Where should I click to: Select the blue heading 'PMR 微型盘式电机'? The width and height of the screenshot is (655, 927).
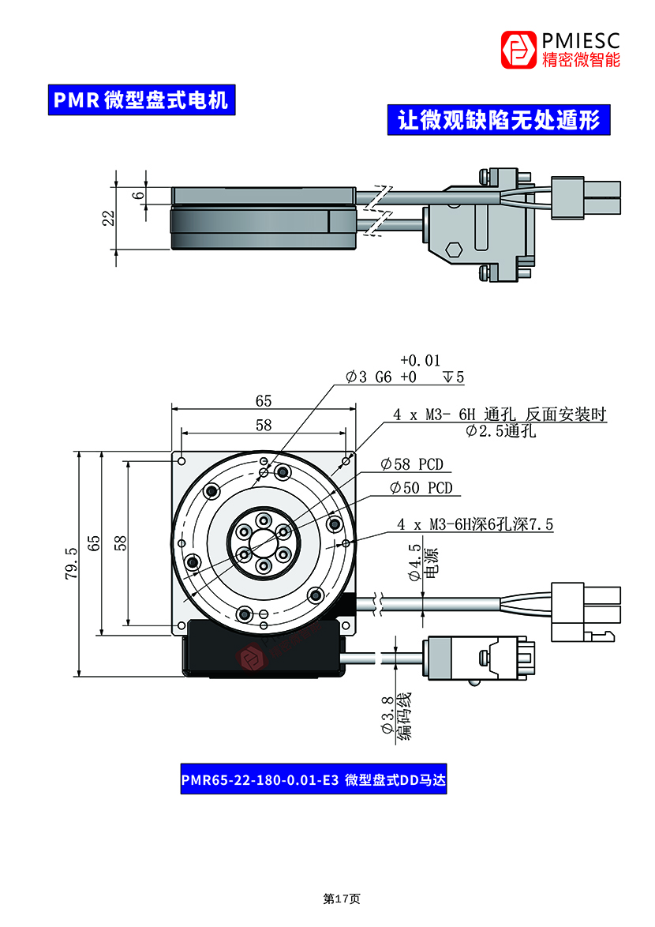pyautogui.click(x=140, y=100)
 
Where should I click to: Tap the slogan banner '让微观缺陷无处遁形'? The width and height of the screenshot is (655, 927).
pyautogui.click(x=499, y=120)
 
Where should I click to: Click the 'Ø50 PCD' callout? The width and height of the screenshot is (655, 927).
pyautogui.click(x=421, y=488)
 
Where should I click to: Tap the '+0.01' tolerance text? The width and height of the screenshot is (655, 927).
pyautogui.click(x=420, y=360)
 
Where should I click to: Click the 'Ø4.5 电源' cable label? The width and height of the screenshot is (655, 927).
pyautogui.click(x=423, y=563)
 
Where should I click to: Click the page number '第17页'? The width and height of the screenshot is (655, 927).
pyautogui.click(x=341, y=899)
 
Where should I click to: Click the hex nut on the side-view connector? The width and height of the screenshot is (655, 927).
pyautogui.click(x=453, y=250)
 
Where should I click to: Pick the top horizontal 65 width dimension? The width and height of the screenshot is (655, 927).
pyautogui.click(x=264, y=401)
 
